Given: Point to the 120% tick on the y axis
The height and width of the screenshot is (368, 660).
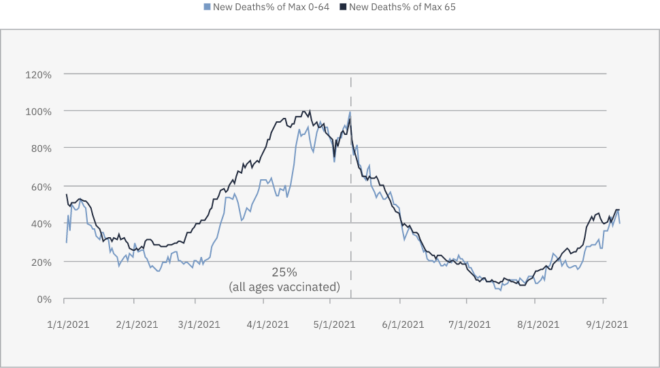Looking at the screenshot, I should pos(39,74).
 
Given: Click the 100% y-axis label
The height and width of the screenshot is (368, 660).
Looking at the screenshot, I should pos(39,111).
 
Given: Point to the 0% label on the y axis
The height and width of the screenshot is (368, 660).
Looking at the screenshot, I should pos(43,299).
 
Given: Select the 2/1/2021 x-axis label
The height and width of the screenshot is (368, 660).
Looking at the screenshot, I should pos(135,324).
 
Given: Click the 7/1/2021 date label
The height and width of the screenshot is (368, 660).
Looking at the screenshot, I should pos(469,324).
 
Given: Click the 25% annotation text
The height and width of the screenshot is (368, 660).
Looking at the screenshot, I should pos(284,272).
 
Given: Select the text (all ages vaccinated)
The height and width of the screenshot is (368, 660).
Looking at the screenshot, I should pos(284,287).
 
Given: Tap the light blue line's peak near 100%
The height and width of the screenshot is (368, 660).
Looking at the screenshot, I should pos(350,112).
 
